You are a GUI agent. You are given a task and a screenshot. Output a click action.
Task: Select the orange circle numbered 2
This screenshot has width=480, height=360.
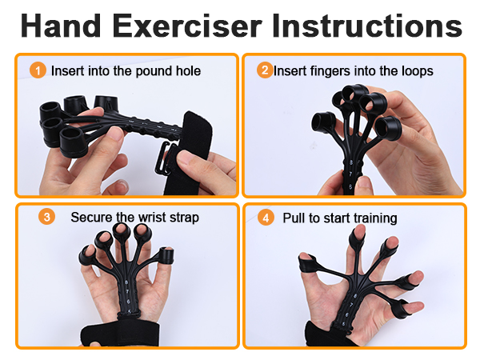(x=265, y=70)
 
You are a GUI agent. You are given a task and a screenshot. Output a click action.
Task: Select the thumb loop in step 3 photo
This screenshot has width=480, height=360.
(x=166, y=257)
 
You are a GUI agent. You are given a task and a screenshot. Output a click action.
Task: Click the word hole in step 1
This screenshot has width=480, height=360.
(x=187, y=71)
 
